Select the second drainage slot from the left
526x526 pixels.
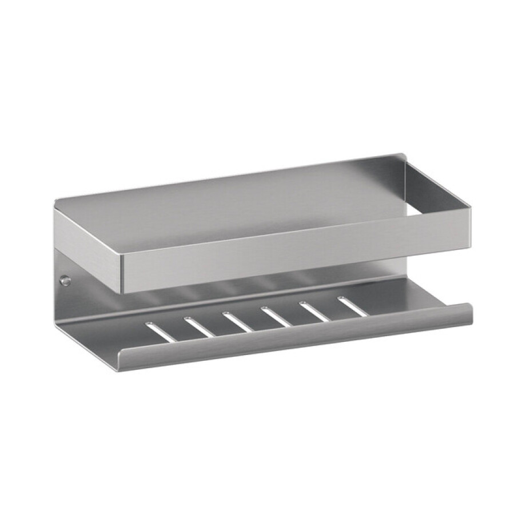coord(200,326)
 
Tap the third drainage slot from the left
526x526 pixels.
coord(238,321)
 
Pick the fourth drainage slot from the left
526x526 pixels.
coord(276,316)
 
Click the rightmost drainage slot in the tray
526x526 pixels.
coord(353,306)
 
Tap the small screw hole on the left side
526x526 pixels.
coord(66,281)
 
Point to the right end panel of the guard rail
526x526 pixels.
coord(438,189)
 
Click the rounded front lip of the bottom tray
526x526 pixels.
coord(297,338)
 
